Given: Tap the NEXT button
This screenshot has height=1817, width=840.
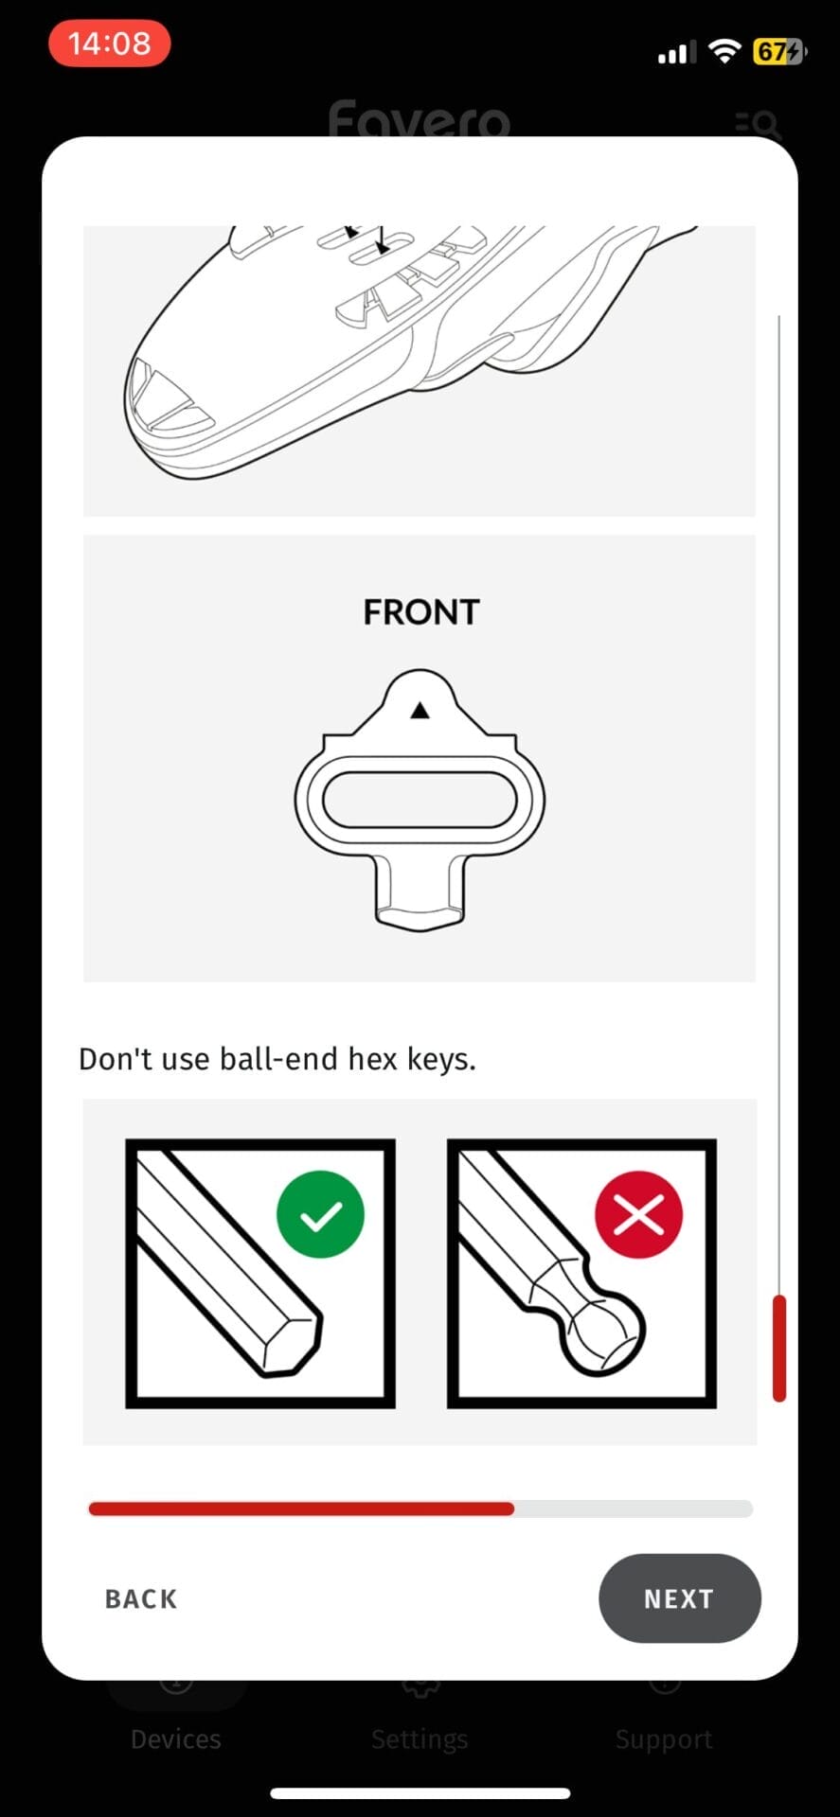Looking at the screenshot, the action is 679,1598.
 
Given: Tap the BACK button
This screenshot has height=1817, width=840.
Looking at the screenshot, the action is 141,1599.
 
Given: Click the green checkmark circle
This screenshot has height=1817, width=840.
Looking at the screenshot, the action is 320,1214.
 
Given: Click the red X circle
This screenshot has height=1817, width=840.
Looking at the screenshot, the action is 638,1214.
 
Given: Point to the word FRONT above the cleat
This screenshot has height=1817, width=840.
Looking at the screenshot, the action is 421,612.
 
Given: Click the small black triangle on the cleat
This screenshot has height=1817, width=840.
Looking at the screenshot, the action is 420,710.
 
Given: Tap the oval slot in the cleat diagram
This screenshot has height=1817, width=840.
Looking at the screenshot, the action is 420,800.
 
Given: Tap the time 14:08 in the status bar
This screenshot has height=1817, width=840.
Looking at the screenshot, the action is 109,44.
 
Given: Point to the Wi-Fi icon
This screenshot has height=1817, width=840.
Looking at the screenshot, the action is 724,51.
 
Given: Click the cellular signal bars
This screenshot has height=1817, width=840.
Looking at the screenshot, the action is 676,53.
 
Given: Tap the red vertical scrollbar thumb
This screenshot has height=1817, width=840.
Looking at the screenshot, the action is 779,1348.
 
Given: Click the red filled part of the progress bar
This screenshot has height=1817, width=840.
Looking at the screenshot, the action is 301,1508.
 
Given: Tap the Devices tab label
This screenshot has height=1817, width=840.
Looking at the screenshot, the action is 176,1739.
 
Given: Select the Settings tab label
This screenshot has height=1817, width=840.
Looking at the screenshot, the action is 420,1739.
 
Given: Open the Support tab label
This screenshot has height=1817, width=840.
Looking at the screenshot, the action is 664,1739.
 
